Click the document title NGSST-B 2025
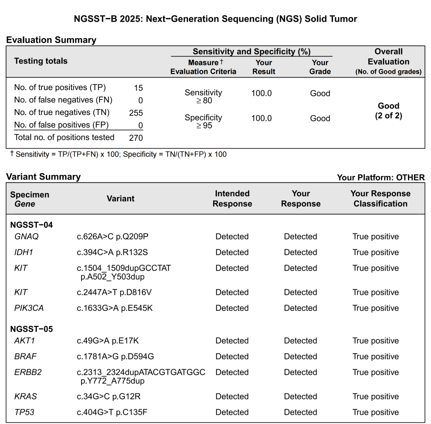point(215,19)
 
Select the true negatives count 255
point(136,113)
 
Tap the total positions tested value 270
point(136,138)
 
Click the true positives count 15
point(138,88)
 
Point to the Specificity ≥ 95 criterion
point(203,122)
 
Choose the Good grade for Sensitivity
point(320,93)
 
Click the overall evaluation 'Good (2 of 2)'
point(389,111)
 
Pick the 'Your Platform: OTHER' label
point(381,177)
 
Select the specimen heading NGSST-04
point(31,224)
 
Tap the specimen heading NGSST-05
point(31,329)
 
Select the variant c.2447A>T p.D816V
point(114,292)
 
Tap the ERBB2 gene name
point(28,372)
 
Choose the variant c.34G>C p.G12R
point(110,397)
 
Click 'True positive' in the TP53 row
point(375,412)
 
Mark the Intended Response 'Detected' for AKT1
point(232,341)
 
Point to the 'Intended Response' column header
point(232,199)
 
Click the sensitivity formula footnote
point(118,154)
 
